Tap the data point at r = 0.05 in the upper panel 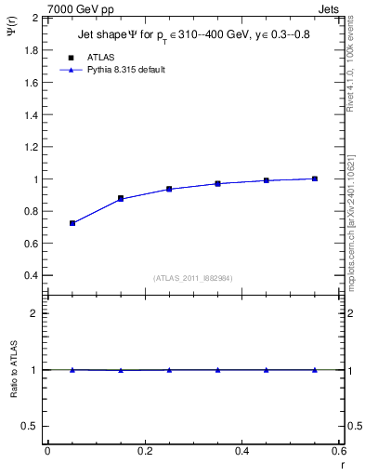tap(72, 223)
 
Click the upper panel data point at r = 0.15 tap(121, 199)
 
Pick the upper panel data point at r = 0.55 tap(315, 178)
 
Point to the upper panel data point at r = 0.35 tap(217, 184)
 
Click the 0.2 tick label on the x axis tap(145, 451)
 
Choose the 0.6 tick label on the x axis tap(339, 451)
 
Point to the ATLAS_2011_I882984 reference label tap(193, 278)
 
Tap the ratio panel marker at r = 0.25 tap(169, 370)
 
